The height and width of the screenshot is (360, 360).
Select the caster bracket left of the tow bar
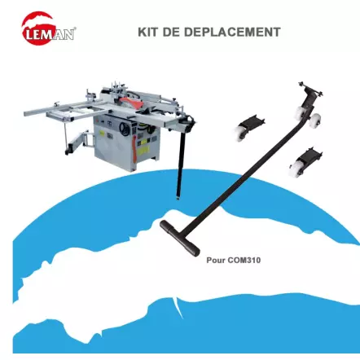pyautogui.click(x=248, y=128)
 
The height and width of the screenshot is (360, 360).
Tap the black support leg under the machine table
pyautogui.click(x=178, y=167)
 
